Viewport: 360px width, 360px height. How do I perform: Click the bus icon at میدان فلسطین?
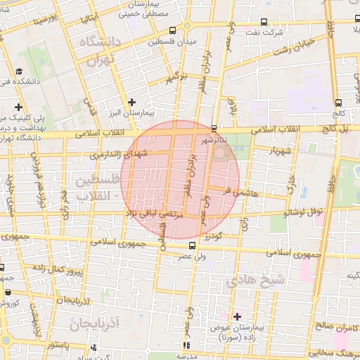pyautogui.click(x=173, y=30)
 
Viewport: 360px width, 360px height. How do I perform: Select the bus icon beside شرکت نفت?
pyautogui.click(x=264, y=22)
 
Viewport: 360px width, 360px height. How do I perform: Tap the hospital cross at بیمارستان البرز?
pyautogui.click(x=131, y=102)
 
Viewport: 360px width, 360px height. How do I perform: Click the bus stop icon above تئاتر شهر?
pyautogui.click(x=214, y=129)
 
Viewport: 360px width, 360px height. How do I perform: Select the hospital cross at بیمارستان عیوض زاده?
pyautogui.click(x=237, y=316)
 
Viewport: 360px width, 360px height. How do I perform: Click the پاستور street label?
pyautogui.click(x=60, y=345)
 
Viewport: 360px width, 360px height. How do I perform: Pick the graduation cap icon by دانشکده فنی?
pyautogui.click(x=19, y=72)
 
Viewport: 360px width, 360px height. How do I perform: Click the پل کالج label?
pyautogui.click(x=341, y=129)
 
